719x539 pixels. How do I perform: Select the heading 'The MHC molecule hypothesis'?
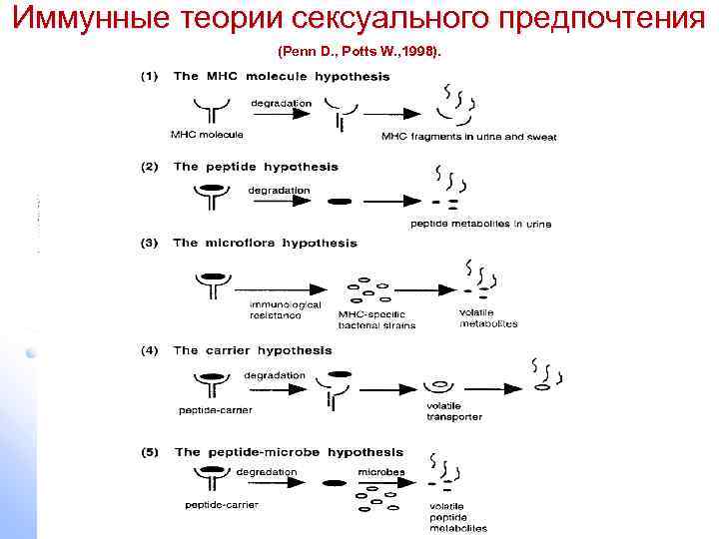[282, 77]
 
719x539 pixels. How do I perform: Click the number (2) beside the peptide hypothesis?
[147, 167]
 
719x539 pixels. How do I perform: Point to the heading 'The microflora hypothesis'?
[265, 243]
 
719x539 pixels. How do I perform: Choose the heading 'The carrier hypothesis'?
[253, 350]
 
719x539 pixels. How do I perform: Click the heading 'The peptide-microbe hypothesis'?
[290, 452]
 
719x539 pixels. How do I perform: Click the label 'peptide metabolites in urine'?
[480, 224]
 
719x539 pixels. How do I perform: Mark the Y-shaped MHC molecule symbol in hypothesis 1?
[208, 110]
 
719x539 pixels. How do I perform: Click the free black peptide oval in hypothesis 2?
[341, 201]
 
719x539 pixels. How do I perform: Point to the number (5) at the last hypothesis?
[147, 452]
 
